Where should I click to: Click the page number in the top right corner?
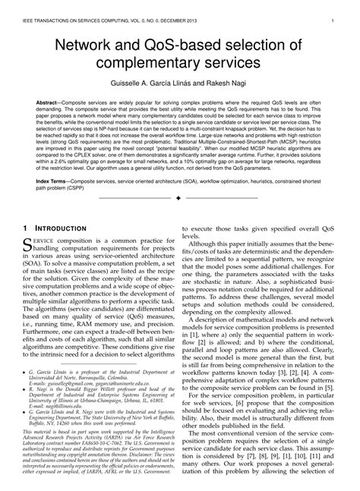[333, 11]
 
